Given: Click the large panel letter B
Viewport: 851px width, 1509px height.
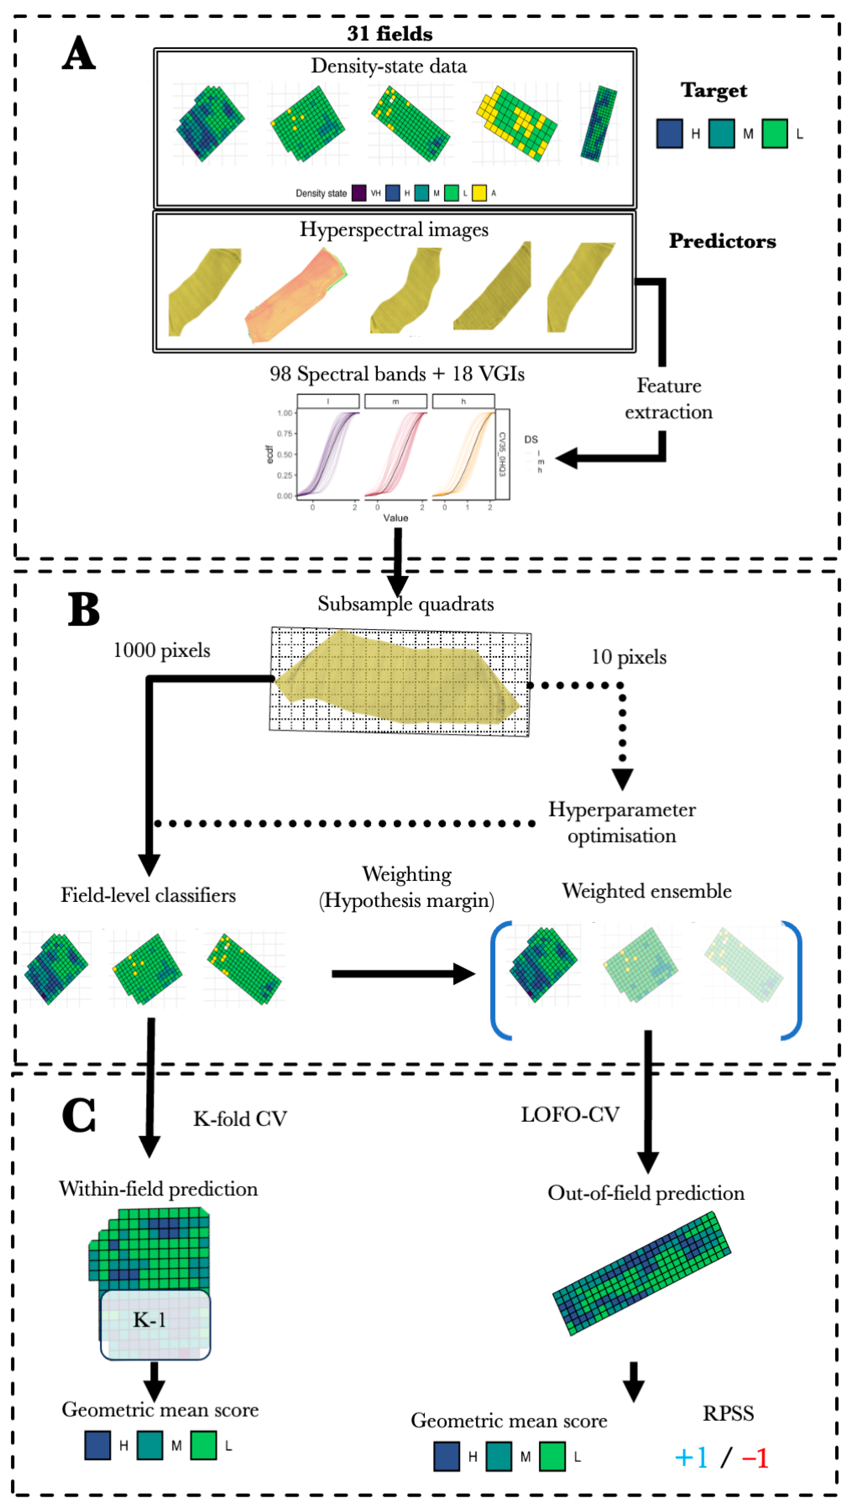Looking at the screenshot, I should (83, 609).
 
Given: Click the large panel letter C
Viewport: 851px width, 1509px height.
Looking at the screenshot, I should (79, 1115).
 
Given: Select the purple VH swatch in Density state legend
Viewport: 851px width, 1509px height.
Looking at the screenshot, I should (359, 193).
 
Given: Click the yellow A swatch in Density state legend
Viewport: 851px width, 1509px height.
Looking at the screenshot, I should (479, 193).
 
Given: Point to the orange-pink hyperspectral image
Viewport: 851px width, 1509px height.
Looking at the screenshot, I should (295, 296).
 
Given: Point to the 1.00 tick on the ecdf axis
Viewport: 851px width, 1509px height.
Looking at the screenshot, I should (285, 413).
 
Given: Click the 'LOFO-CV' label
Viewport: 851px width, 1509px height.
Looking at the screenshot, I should (570, 1114).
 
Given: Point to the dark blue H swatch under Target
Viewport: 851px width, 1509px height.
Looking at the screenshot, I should (669, 134).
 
